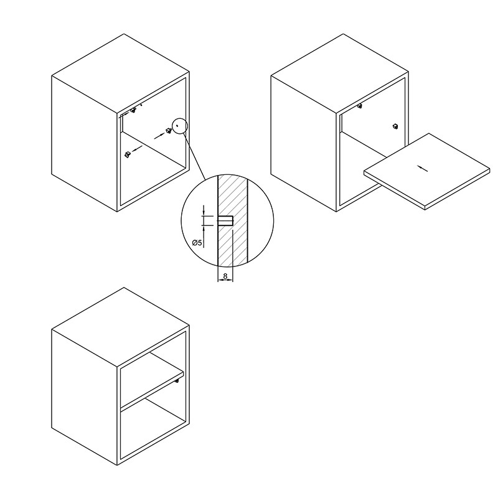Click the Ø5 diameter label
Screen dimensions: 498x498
click(x=197, y=243)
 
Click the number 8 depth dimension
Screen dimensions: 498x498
click(x=225, y=276)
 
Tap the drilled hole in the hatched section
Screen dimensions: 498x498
click(x=225, y=221)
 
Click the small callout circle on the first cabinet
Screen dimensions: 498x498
click(x=180, y=126)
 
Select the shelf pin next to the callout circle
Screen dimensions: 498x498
click(x=168, y=130)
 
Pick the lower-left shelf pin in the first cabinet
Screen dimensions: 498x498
click(x=128, y=154)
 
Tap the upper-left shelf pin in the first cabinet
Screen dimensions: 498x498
click(x=133, y=110)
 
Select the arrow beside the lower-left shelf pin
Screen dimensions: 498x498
click(x=137, y=149)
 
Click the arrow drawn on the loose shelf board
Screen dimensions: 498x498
click(x=423, y=168)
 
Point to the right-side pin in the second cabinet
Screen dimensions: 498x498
click(x=395, y=126)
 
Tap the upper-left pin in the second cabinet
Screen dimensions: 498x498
click(x=360, y=106)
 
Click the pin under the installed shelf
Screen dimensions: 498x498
click(x=177, y=380)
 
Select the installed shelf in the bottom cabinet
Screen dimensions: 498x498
click(x=152, y=380)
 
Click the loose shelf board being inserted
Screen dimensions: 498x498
click(x=426, y=172)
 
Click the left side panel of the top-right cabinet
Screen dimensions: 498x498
click(x=304, y=143)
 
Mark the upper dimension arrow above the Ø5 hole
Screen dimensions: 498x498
click(x=204, y=210)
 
